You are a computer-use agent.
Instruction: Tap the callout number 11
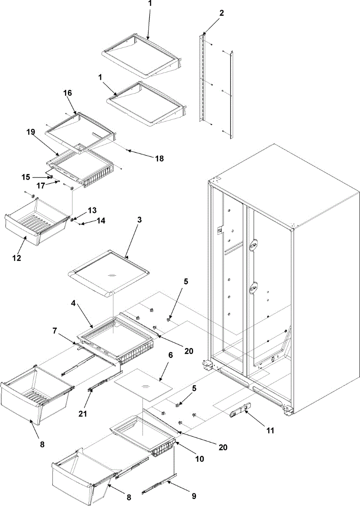[270, 431]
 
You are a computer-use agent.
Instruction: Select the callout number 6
[170, 355]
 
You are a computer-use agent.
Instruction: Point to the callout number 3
[140, 220]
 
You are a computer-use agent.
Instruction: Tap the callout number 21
[83, 414]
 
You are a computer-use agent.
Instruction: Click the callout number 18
[159, 159]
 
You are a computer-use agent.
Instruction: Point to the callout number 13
[92, 210]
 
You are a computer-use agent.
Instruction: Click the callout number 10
[199, 458]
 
